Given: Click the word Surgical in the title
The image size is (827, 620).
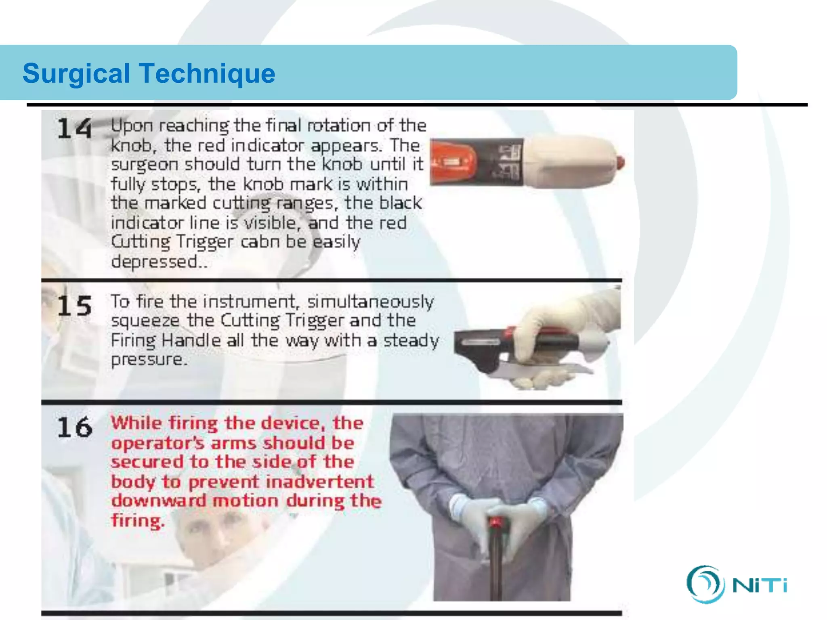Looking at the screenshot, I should pos(76,73).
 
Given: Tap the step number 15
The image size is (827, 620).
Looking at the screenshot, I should pos(74,305).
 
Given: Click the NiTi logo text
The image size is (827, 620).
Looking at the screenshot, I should pos(760,585).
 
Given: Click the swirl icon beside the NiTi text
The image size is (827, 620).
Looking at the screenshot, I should pos(705,584).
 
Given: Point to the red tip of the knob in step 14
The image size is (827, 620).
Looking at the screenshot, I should pos(620,163).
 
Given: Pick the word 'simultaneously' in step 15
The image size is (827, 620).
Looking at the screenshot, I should pos(370,302).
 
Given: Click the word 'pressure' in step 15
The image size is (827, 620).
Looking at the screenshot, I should pos(148,359).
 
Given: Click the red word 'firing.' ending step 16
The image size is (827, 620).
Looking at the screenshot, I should pos(138,520).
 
